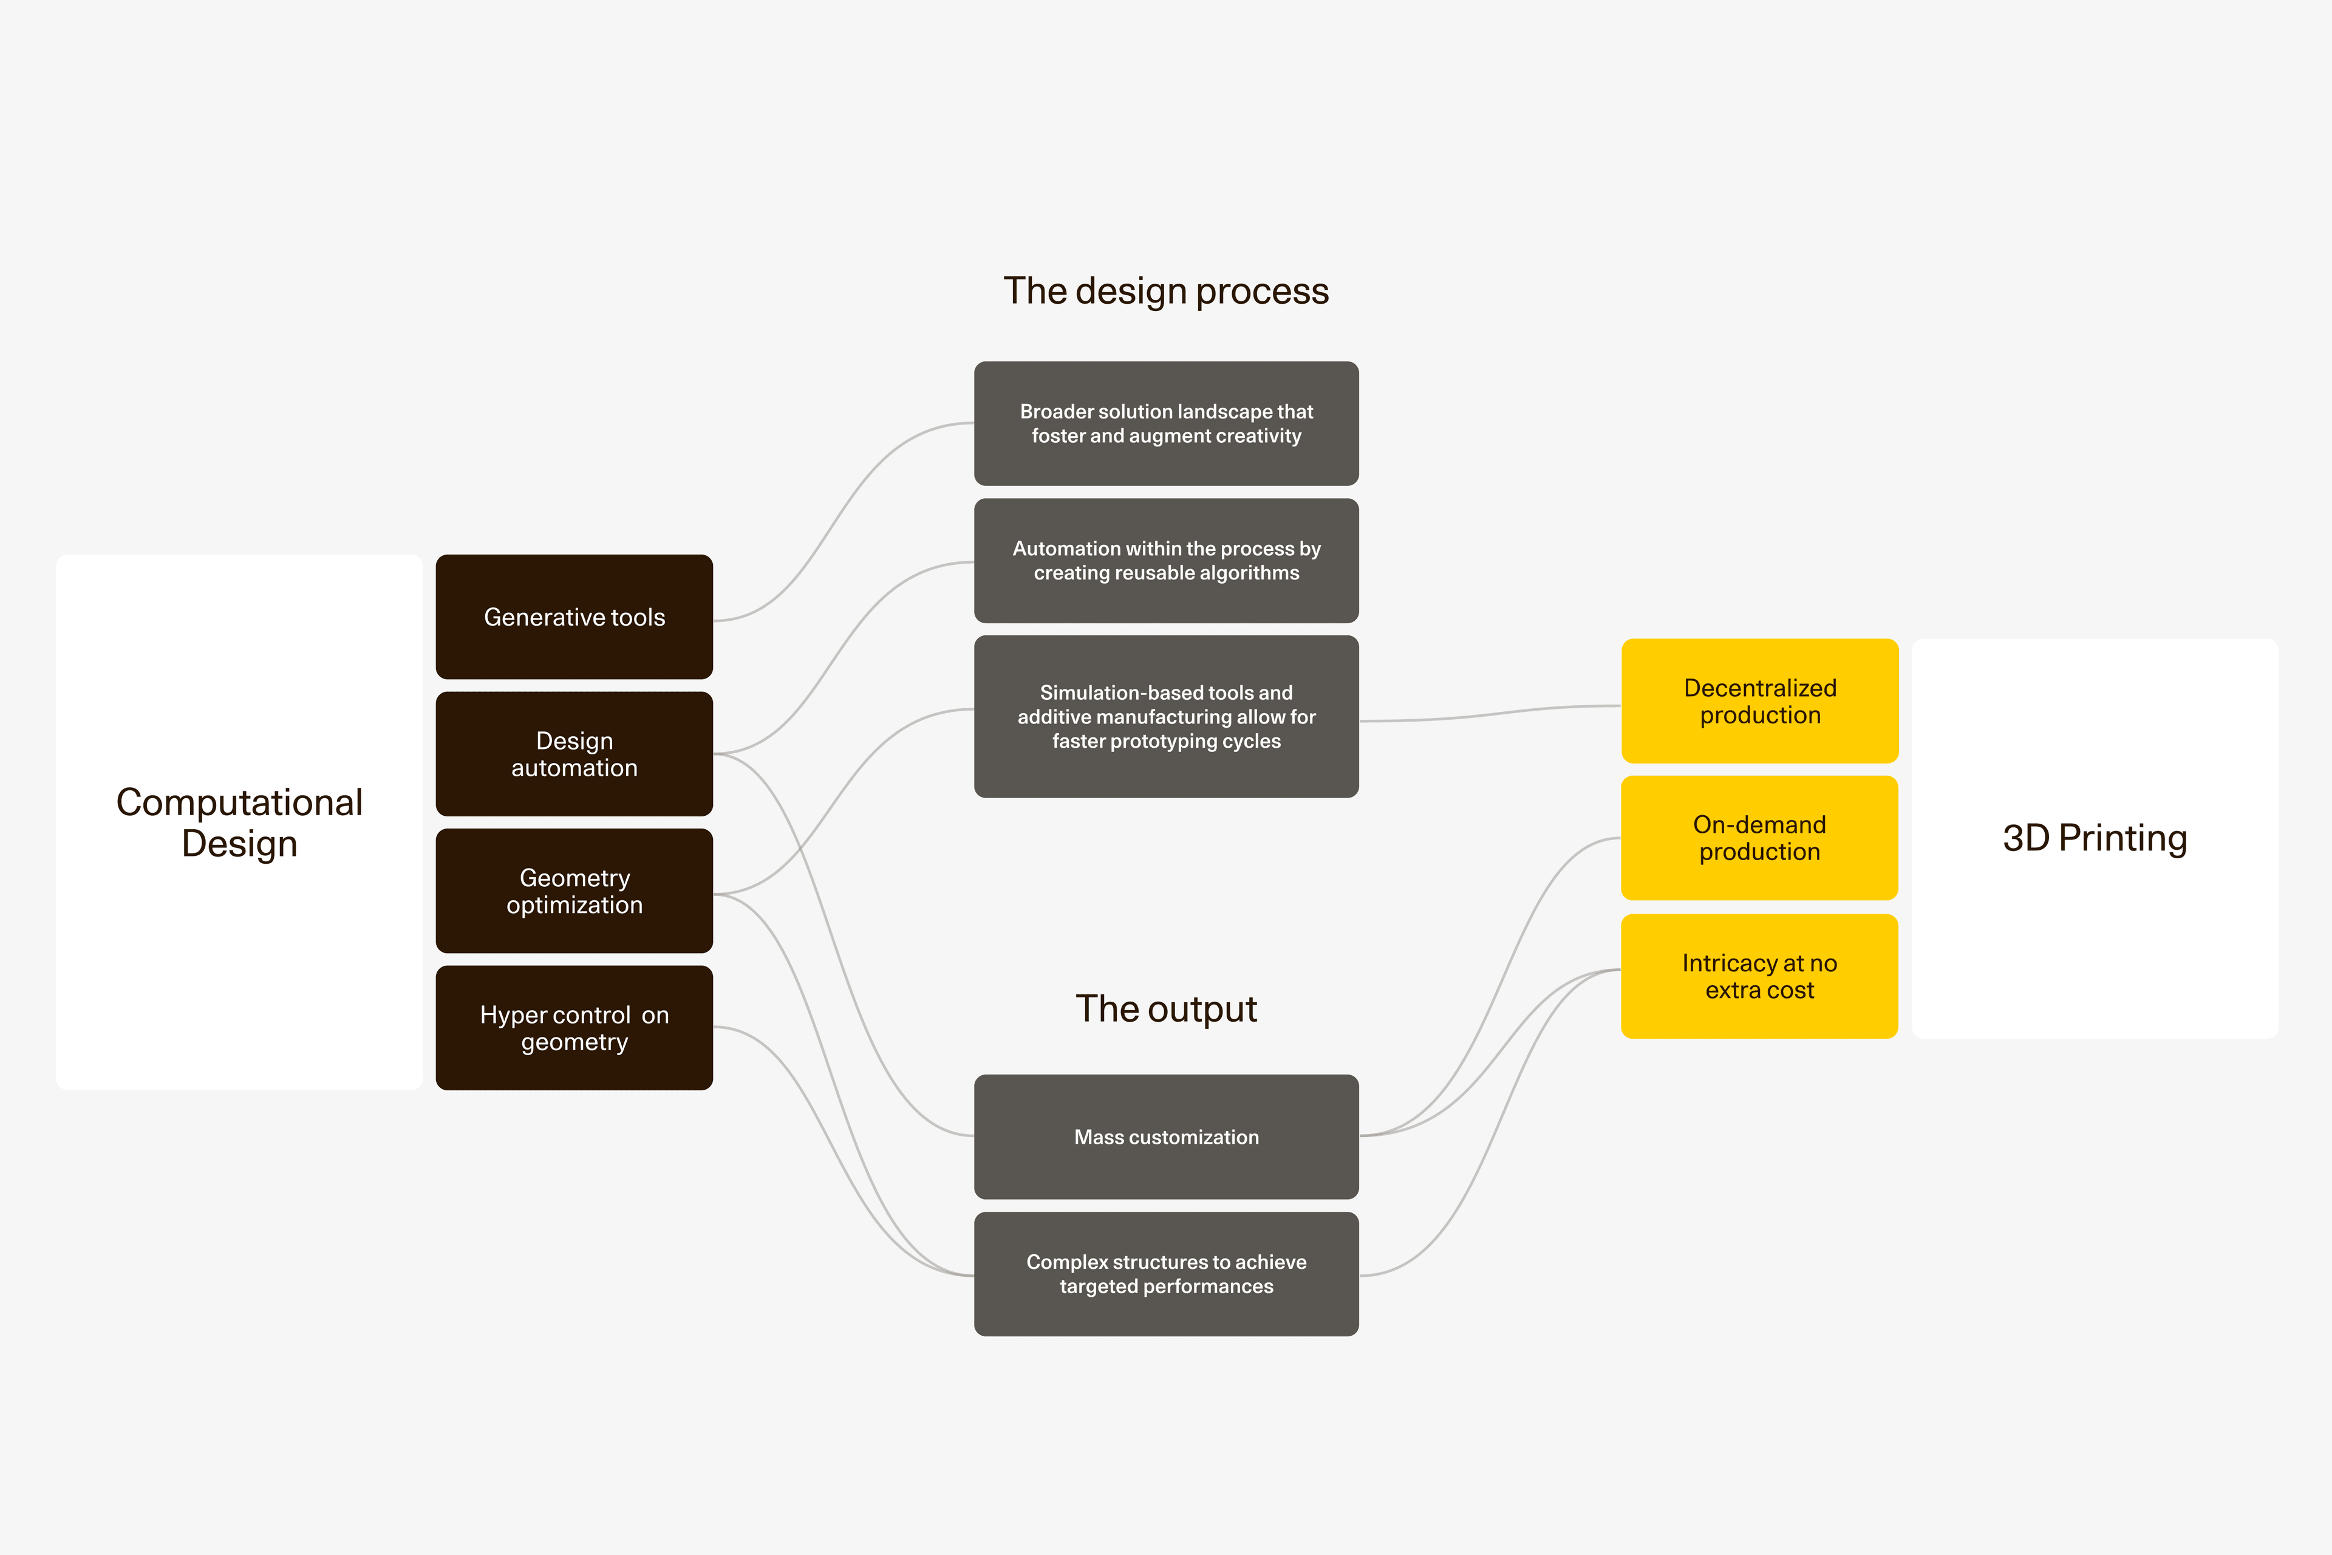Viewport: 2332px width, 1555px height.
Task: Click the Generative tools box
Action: pyautogui.click(x=574, y=617)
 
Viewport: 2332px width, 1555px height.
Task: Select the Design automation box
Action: pyautogui.click(x=574, y=754)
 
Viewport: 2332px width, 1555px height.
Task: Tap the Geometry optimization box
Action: pyautogui.click(x=574, y=890)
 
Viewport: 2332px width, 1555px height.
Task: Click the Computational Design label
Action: pyautogui.click(x=239, y=822)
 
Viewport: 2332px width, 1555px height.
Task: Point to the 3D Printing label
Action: pyautogui.click(x=2094, y=838)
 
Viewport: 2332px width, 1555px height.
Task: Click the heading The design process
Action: pyautogui.click(x=1166, y=290)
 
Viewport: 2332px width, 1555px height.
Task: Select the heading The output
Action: pyautogui.click(x=1166, y=1008)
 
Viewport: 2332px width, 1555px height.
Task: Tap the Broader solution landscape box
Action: pyautogui.click(x=1166, y=423)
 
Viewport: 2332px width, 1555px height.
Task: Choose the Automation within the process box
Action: pyautogui.click(x=1166, y=560)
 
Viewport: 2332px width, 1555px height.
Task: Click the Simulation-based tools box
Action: pyautogui.click(x=1166, y=716)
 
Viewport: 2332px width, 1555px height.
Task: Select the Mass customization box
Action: pyautogui.click(x=1166, y=1136)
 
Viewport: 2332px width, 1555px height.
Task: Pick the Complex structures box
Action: pyautogui.click(x=1166, y=1273)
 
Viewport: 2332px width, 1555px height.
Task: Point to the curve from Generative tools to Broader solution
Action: pyautogui.click(x=844, y=520)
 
